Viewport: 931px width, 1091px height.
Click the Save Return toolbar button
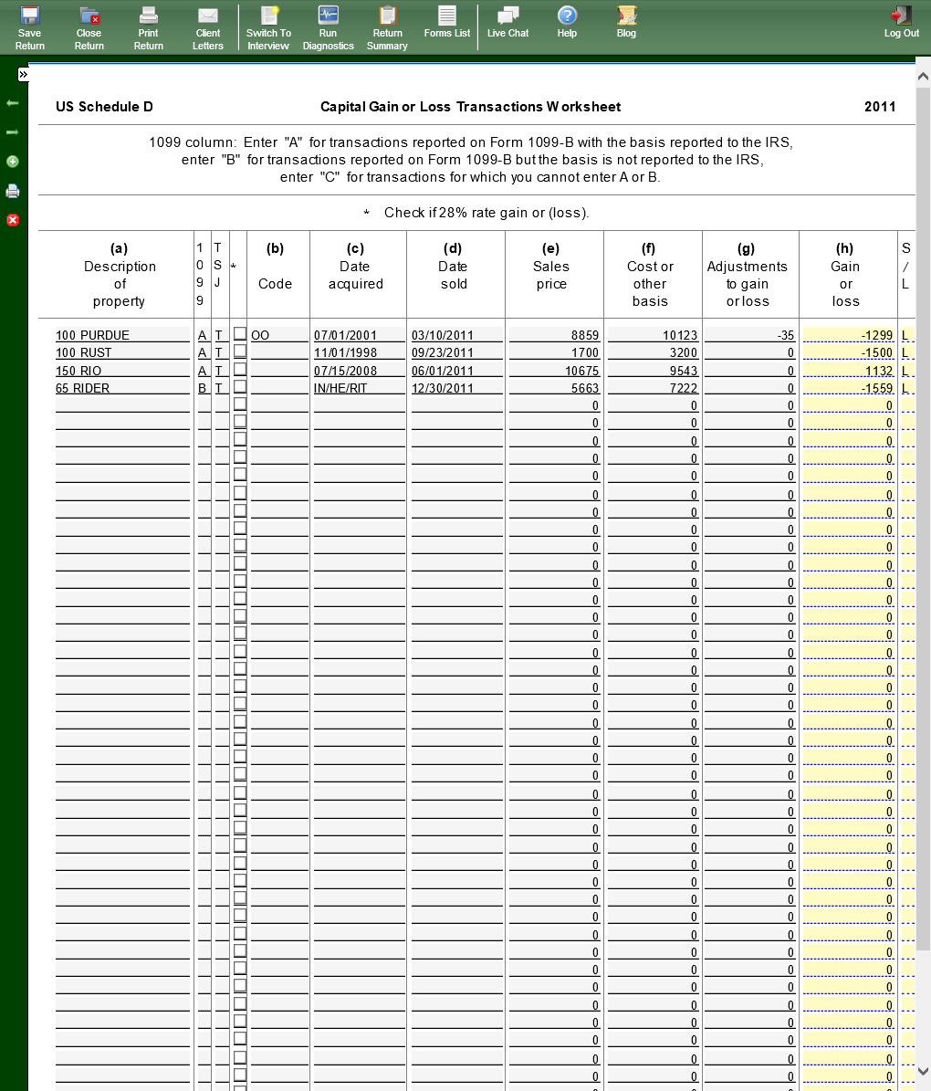pyautogui.click(x=30, y=27)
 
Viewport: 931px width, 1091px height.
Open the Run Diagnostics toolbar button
pyautogui.click(x=328, y=27)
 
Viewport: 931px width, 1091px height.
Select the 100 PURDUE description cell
pyautogui.click(x=122, y=335)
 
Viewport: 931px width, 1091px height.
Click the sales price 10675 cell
pyautogui.click(x=554, y=371)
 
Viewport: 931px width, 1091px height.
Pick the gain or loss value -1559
pyautogui.click(x=848, y=388)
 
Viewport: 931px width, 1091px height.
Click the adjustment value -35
pyautogui.click(x=749, y=335)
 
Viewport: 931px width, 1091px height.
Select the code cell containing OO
pyautogui.click(x=277, y=335)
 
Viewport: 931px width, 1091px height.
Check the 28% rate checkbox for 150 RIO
pyautogui.click(x=240, y=369)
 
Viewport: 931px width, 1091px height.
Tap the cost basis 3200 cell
pyautogui.click(x=653, y=352)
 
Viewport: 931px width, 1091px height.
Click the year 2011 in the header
pyautogui.click(x=880, y=107)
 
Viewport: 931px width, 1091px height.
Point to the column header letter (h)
pyautogui.click(x=845, y=248)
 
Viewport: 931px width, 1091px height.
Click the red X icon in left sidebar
pyautogui.click(x=13, y=220)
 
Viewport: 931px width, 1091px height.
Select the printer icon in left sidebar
pyautogui.click(x=13, y=191)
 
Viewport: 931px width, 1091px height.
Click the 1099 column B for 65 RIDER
pyautogui.click(x=203, y=388)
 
